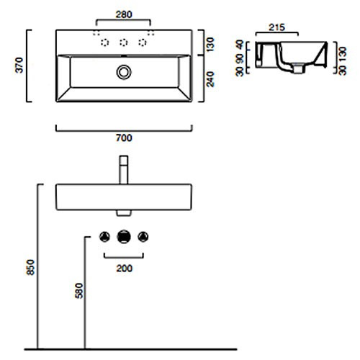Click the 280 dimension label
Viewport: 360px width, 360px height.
coord(124,14)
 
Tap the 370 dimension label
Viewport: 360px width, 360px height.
coord(19,66)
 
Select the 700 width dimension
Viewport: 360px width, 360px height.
coord(124,138)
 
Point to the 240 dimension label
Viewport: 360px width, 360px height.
coord(210,79)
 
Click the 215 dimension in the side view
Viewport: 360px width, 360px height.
coord(276,27)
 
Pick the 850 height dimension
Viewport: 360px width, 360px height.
coord(31,267)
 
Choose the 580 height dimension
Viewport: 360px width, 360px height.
coord(78,291)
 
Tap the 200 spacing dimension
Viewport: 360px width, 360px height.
coord(124,269)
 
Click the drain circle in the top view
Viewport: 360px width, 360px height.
coord(124,72)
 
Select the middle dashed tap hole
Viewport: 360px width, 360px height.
coord(124,42)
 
